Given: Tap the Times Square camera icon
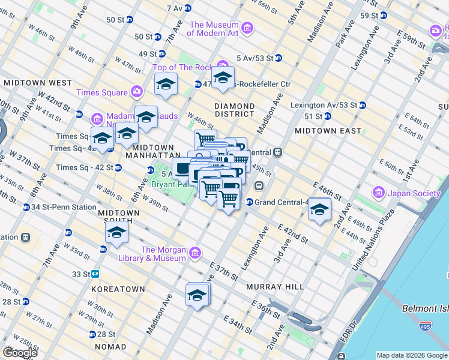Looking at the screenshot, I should coord(137,92).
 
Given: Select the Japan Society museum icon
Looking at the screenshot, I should coord(379,193).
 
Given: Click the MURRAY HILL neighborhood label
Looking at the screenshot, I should coord(275,287).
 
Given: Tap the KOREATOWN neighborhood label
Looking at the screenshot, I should coord(118,289).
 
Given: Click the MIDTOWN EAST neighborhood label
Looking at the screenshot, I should coord(328,130).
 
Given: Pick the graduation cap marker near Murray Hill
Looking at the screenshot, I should coord(197,295).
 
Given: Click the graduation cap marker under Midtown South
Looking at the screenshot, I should coord(116,233).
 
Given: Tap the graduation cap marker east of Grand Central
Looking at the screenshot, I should coord(320,210).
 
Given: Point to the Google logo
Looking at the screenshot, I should coord(19,353).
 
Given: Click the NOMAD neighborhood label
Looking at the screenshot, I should coord(110,347).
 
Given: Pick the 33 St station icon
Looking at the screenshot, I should coord(95,274).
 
